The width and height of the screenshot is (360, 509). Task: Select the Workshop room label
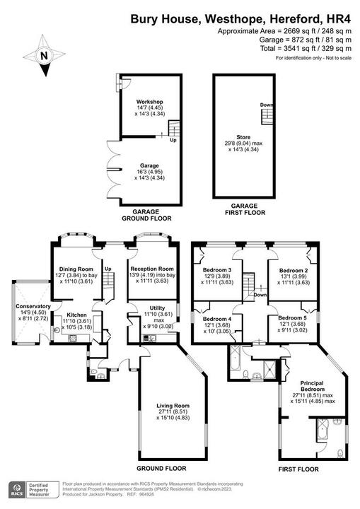[150, 103]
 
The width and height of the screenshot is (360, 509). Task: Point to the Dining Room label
[76, 269]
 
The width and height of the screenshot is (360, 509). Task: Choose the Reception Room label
[151, 269]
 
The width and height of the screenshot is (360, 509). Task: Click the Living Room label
[173, 406]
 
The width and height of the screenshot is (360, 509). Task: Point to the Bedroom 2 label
[293, 270]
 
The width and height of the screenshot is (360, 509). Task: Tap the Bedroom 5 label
[292, 319]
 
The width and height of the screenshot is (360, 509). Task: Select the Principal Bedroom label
[312, 386]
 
